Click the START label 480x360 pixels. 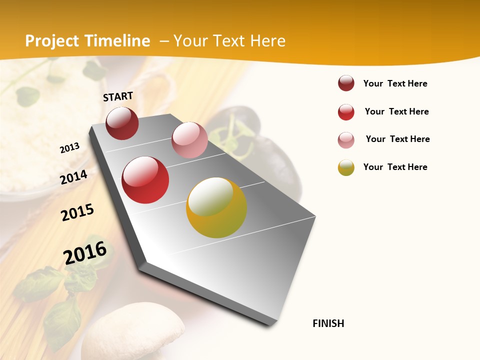coord(118,96)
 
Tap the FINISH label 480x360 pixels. coord(328,323)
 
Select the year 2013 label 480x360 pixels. coord(69,148)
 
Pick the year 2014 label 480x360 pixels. coord(73,177)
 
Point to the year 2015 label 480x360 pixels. coord(77,212)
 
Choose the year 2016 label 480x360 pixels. coord(85,253)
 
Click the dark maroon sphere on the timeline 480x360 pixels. coord(122,123)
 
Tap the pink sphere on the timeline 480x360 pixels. coord(189,139)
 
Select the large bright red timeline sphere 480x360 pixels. coord(145,180)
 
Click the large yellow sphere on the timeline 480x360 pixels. coord(216,207)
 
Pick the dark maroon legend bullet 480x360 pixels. coord(346,83)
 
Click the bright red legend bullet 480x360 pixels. coord(346,112)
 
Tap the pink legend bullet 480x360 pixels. coord(346,140)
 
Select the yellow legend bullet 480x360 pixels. coord(346,167)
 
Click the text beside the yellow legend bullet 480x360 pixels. coord(395,167)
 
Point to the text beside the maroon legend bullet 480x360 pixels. coord(395,83)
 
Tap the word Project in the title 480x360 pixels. coord(52,41)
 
